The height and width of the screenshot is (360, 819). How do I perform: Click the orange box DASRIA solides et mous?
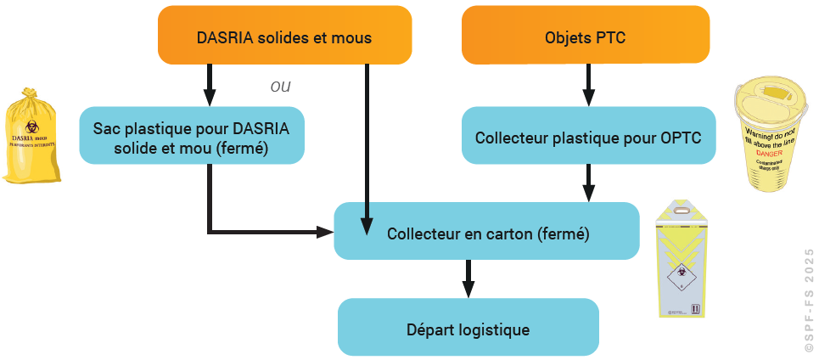pyautogui.click(x=284, y=38)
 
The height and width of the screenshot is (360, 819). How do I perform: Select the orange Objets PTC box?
pyautogui.click(x=586, y=38)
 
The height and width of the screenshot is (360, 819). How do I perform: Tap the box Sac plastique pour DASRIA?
pyautogui.click(x=192, y=136)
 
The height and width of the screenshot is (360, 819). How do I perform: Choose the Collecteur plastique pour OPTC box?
pyautogui.click(x=587, y=136)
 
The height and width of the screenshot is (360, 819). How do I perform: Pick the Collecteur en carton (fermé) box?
pyautogui.click(x=487, y=232)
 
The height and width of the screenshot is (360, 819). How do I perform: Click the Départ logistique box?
pyautogui.click(x=468, y=329)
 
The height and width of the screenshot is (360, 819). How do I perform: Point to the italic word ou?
pyautogui.click(x=280, y=87)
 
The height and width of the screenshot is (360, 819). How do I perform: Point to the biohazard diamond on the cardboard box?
pyautogui.click(x=678, y=278)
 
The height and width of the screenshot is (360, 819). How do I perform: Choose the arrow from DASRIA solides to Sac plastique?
pyautogui.click(x=209, y=85)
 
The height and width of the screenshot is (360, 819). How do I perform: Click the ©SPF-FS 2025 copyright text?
pyautogui.click(x=808, y=297)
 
